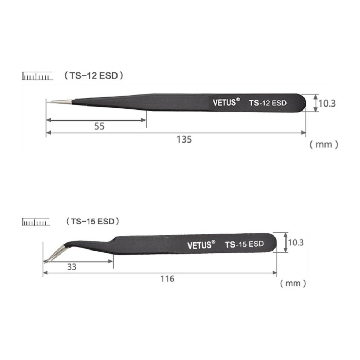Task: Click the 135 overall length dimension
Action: (184, 140)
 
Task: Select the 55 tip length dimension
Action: (99, 126)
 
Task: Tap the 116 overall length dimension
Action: (167, 279)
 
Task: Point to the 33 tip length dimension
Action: (72, 267)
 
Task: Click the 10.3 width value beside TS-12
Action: (327, 103)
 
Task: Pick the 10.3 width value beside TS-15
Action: (296, 243)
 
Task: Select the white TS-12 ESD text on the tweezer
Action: (268, 103)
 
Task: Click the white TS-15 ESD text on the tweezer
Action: (244, 244)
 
